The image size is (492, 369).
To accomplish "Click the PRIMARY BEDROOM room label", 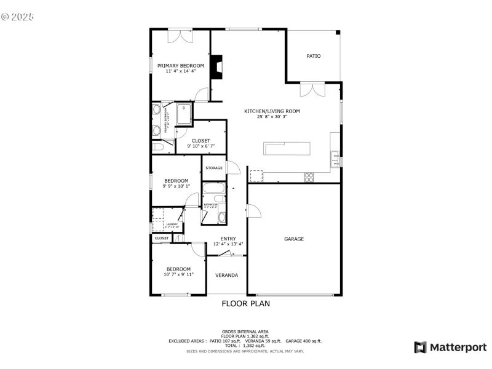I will pos(180,66).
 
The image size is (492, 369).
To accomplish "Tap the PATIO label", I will pos(314,56).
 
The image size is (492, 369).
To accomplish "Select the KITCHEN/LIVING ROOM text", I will pos(272,111).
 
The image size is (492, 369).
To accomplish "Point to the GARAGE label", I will pos(293,239).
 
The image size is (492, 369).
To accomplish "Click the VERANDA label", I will pos(226,275).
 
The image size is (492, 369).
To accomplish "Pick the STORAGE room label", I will pos(214,168).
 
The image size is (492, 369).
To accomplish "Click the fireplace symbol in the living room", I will pos(216,66).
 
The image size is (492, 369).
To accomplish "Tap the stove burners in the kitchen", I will pos(309,177).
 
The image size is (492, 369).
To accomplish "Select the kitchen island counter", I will pos(287,148).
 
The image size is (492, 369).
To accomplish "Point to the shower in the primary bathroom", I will pos(184,113).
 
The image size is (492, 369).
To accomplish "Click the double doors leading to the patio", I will pos(311,90).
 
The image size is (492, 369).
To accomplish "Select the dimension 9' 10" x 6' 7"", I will pos(200,146).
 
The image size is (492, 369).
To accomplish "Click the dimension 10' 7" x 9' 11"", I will pos(178,274).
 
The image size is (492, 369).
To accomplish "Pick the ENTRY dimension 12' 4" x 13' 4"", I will pos(228,244).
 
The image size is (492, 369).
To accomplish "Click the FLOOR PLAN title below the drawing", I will pos(245,303).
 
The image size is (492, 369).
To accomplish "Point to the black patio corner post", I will pos(338,33).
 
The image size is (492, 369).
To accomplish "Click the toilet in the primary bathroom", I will pos(157,148).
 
